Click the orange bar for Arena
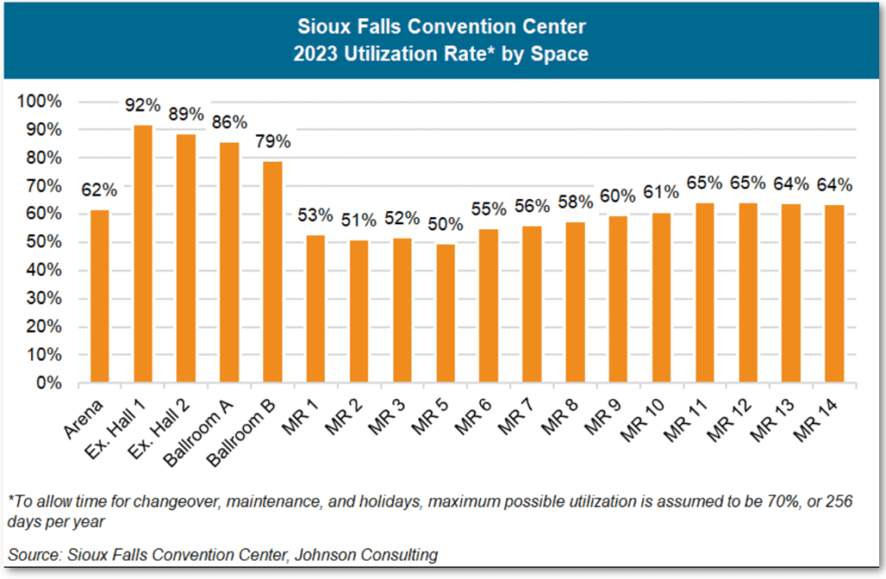[x=100, y=296]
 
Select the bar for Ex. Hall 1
[x=143, y=254]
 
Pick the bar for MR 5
[x=446, y=313]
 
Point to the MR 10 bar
[x=662, y=298]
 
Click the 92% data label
[x=143, y=106]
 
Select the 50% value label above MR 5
[x=446, y=224]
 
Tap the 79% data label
[x=273, y=142]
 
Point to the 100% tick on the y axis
[x=41, y=101]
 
